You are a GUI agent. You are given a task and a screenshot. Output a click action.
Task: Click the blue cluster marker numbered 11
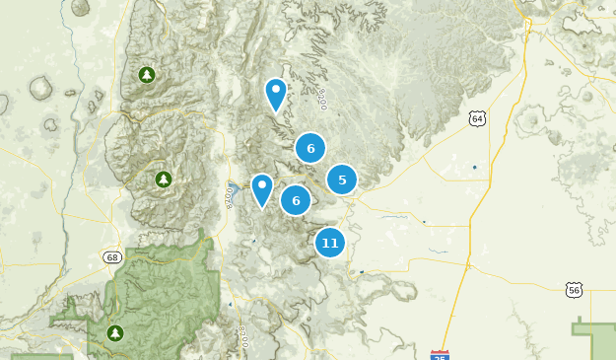[x=329, y=243]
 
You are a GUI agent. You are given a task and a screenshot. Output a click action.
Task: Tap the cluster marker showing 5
[x=342, y=180]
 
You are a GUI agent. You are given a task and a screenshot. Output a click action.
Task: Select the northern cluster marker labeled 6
[x=310, y=149]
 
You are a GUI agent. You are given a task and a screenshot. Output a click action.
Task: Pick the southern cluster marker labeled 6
[x=296, y=200]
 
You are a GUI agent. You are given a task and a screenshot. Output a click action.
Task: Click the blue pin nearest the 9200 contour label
[x=275, y=95]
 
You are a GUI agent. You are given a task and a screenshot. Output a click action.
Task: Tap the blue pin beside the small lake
[x=261, y=189]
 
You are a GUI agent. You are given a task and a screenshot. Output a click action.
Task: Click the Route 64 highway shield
[x=478, y=118]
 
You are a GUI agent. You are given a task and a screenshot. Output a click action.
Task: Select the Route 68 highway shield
[x=112, y=257]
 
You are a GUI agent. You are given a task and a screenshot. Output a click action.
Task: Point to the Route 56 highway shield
[x=575, y=289]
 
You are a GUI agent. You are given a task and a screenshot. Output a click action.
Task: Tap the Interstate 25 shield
[x=440, y=353]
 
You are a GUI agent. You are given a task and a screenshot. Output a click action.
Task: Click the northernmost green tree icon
[x=147, y=75]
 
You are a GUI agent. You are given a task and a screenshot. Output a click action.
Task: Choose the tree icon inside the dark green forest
[x=115, y=333]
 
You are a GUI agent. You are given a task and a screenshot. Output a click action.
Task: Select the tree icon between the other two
[x=164, y=180]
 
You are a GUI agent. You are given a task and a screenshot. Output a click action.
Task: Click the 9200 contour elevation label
[x=322, y=98]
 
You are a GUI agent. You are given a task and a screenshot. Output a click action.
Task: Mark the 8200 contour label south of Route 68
[x=243, y=336]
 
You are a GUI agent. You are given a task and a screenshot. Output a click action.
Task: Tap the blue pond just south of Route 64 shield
[x=474, y=167]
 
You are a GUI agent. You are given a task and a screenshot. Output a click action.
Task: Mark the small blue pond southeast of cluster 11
[x=362, y=271]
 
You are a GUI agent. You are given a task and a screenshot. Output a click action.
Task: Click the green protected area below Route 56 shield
[x=595, y=340]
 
